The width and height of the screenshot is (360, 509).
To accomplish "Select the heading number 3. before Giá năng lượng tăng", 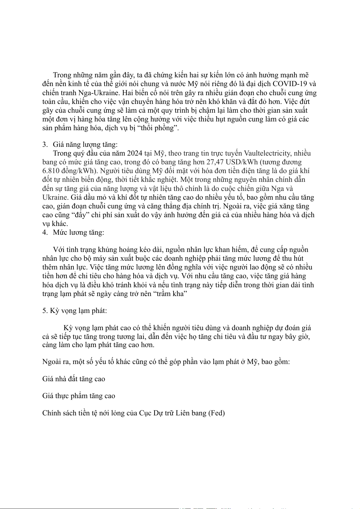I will pyautogui.click(x=45, y=144).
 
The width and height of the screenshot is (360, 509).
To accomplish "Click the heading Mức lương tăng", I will pyautogui.click(x=78, y=233).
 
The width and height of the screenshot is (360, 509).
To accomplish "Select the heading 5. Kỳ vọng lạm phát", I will pyautogui.click(x=74, y=311).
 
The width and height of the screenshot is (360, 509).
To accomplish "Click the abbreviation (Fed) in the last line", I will pyautogui.click(x=216, y=413).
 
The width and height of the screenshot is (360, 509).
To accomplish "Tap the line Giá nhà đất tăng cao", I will pyautogui.click(x=73, y=379).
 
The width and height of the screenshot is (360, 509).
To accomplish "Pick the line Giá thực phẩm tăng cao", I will pyautogui.click(x=79, y=396).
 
